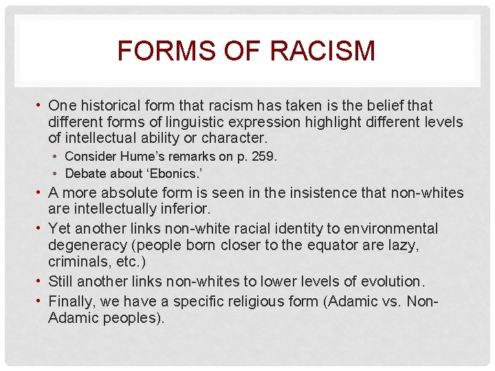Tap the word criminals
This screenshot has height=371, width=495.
pyautogui.click(x=75, y=262)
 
